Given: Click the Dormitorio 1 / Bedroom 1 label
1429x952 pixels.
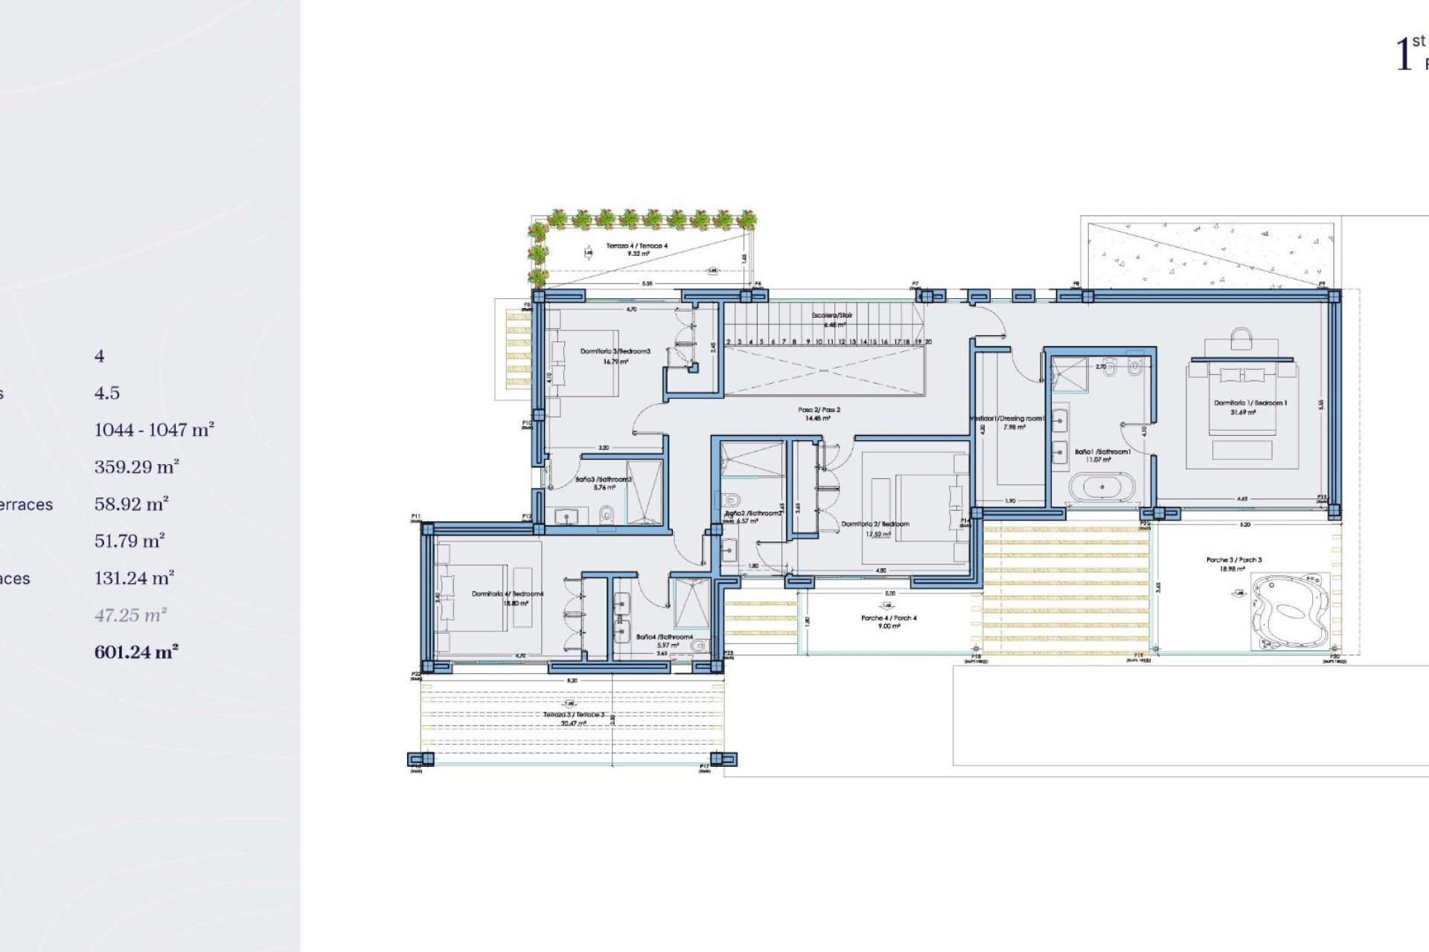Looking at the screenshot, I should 1250,403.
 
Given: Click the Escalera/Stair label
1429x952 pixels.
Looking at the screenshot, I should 831,315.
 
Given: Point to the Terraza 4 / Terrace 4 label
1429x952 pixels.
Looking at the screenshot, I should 636,245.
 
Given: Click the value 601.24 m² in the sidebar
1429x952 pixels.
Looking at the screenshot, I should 135,652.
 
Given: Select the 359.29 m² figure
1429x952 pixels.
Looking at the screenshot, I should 136,467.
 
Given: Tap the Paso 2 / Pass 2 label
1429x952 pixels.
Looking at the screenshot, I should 819,410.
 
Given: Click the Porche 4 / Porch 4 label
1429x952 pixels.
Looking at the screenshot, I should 889,618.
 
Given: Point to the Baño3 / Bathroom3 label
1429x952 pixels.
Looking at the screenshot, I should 603,480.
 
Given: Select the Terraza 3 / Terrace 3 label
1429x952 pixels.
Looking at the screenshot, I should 574,715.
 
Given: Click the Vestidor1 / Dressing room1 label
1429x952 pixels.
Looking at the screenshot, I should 1008,419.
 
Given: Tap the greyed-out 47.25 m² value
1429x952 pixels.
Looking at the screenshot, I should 130,615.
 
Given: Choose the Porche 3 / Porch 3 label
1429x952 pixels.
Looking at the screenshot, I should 1233,559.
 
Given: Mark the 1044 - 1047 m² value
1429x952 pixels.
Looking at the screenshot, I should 153,430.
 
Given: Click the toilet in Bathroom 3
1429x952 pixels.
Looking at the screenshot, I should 607,513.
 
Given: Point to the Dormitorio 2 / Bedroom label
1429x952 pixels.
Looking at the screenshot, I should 875,524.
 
